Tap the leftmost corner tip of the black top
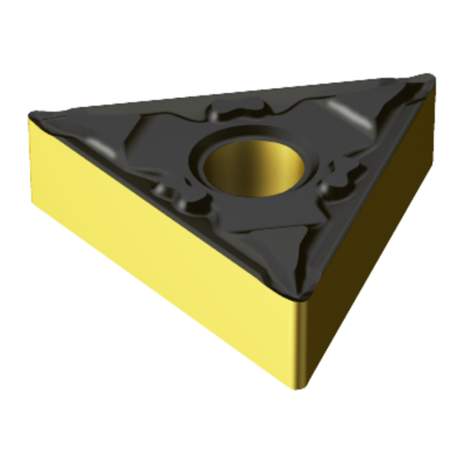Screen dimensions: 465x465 point(31,117)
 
